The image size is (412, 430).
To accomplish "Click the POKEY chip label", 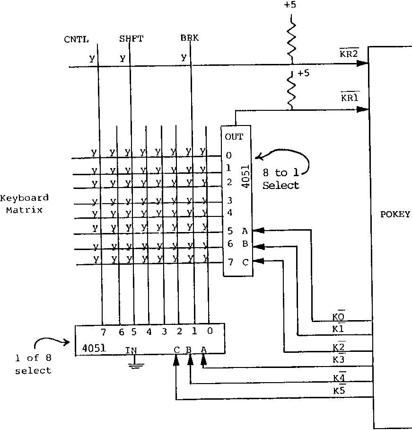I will (x=394, y=214).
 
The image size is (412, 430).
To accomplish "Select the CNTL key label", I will (x=77, y=39).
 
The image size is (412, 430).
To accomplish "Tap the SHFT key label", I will (x=131, y=39).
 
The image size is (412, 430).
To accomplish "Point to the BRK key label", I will (x=189, y=38).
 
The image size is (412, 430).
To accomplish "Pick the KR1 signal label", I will (x=350, y=98).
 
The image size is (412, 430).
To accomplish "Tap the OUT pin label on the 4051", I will (x=234, y=137).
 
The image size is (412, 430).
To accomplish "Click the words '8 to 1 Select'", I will (x=281, y=179).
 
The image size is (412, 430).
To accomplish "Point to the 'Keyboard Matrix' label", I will (x=24, y=203).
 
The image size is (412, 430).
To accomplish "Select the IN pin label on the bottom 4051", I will (x=131, y=350).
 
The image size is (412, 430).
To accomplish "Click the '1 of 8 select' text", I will (x=33, y=366).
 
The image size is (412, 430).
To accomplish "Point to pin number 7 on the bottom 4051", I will (x=103, y=331).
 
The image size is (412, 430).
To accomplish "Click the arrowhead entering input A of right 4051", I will (x=258, y=231).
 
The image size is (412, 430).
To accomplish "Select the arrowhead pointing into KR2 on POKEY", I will (x=362, y=62).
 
